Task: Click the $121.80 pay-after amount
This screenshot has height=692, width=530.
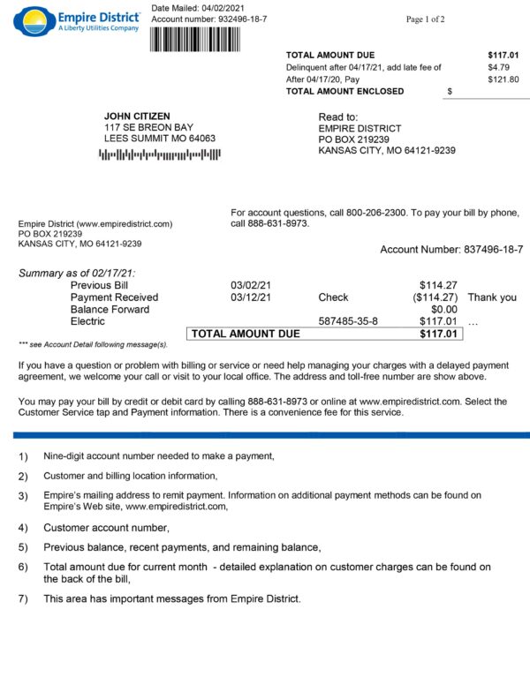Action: (503, 79)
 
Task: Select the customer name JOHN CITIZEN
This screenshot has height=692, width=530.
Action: (137, 116)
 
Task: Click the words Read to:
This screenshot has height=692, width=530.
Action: (338, 117)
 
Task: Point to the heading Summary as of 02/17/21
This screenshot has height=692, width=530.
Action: (78, 274)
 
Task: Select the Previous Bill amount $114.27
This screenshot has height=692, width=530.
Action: (438, 285)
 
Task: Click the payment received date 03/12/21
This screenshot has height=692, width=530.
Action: (251, 297)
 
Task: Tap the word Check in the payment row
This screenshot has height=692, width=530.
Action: (333, 297)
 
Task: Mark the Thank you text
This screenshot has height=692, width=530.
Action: (492, 297)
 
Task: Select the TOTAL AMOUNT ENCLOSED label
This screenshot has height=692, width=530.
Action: (344, 91)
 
